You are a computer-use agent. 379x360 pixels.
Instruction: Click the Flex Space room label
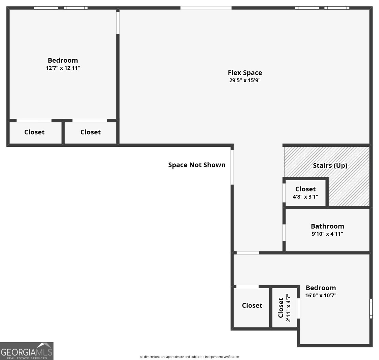[245, 73]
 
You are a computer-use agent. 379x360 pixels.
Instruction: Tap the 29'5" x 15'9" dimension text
[245, 80]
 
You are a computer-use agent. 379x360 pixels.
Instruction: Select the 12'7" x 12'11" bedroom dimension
[63, 68]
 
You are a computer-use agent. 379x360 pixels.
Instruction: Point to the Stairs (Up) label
[330, 166]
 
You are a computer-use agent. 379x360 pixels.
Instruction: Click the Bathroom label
[327, 226]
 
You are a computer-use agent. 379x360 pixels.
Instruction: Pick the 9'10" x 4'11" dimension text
[327, 234]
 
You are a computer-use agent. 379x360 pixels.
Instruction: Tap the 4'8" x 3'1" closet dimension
[305, 196]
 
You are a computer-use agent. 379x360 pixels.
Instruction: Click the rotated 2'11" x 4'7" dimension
[288, 308]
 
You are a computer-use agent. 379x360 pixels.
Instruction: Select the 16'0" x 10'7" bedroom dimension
[321, 295]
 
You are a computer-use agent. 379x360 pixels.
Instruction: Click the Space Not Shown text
[197, 165]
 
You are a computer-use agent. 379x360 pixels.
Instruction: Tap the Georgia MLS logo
[27, 351]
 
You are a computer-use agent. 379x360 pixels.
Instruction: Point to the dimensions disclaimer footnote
[189, 357]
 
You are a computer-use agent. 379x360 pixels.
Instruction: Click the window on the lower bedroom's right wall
[371, 309]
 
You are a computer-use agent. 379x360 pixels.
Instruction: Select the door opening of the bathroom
[284, 233]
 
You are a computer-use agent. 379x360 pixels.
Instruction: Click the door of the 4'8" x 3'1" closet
[284, 193]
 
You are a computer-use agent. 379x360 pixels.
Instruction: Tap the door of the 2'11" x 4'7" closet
[298, 308]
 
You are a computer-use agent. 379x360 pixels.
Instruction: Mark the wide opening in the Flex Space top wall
[206, 8]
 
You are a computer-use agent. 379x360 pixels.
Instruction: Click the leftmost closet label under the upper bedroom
[34, 132]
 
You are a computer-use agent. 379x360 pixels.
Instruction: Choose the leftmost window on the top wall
[46, 8]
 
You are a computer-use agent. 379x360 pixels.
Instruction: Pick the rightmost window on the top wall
[337, 8]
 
